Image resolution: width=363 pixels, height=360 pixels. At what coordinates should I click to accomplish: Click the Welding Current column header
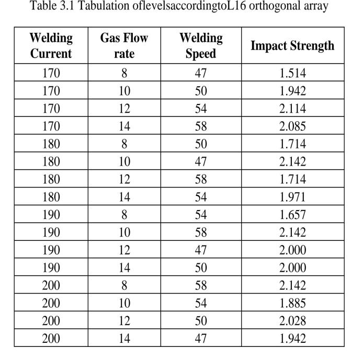tap(51, 45)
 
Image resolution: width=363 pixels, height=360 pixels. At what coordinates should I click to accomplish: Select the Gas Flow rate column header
tap(124, 45)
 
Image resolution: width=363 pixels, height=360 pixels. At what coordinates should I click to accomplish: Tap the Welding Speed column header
tap(200, 45)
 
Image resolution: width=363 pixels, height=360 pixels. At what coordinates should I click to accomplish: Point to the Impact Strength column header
tap(292, 45)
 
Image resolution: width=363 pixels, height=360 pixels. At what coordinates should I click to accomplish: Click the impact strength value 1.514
tap(292, 73)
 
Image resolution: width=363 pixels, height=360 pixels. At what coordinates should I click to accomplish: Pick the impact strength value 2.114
tap(292, 109)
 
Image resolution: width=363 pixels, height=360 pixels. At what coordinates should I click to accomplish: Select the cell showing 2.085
tap(292, 126)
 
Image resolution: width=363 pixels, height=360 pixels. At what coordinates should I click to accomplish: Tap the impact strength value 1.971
tap(292, 197)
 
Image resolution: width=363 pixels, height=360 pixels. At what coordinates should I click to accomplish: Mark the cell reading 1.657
tap(292, 215)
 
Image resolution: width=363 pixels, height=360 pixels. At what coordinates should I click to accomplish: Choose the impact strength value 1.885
tap(292, 303)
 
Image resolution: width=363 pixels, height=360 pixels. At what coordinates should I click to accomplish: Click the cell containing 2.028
tap(292, 321)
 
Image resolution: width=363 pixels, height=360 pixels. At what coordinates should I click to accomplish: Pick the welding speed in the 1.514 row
tap(200, 73)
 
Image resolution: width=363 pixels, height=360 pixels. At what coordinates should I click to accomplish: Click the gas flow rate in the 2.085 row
tap(124, 126)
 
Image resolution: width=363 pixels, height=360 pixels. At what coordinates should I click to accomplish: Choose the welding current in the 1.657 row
tap(51, 215)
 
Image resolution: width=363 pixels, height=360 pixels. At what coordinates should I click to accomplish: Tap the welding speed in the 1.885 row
tap(200, 303)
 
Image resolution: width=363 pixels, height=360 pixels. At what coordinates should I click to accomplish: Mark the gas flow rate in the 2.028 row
tap(124, 321)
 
